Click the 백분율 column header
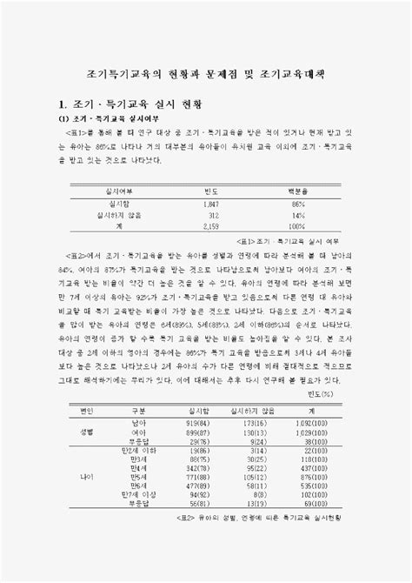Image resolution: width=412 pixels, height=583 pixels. pyautogui.click(x=298, y=190)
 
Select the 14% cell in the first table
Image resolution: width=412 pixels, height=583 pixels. pyautogui.click(x=298, y=213)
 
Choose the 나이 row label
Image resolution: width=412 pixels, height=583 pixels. pyautogui.click(x=87, y=478)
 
